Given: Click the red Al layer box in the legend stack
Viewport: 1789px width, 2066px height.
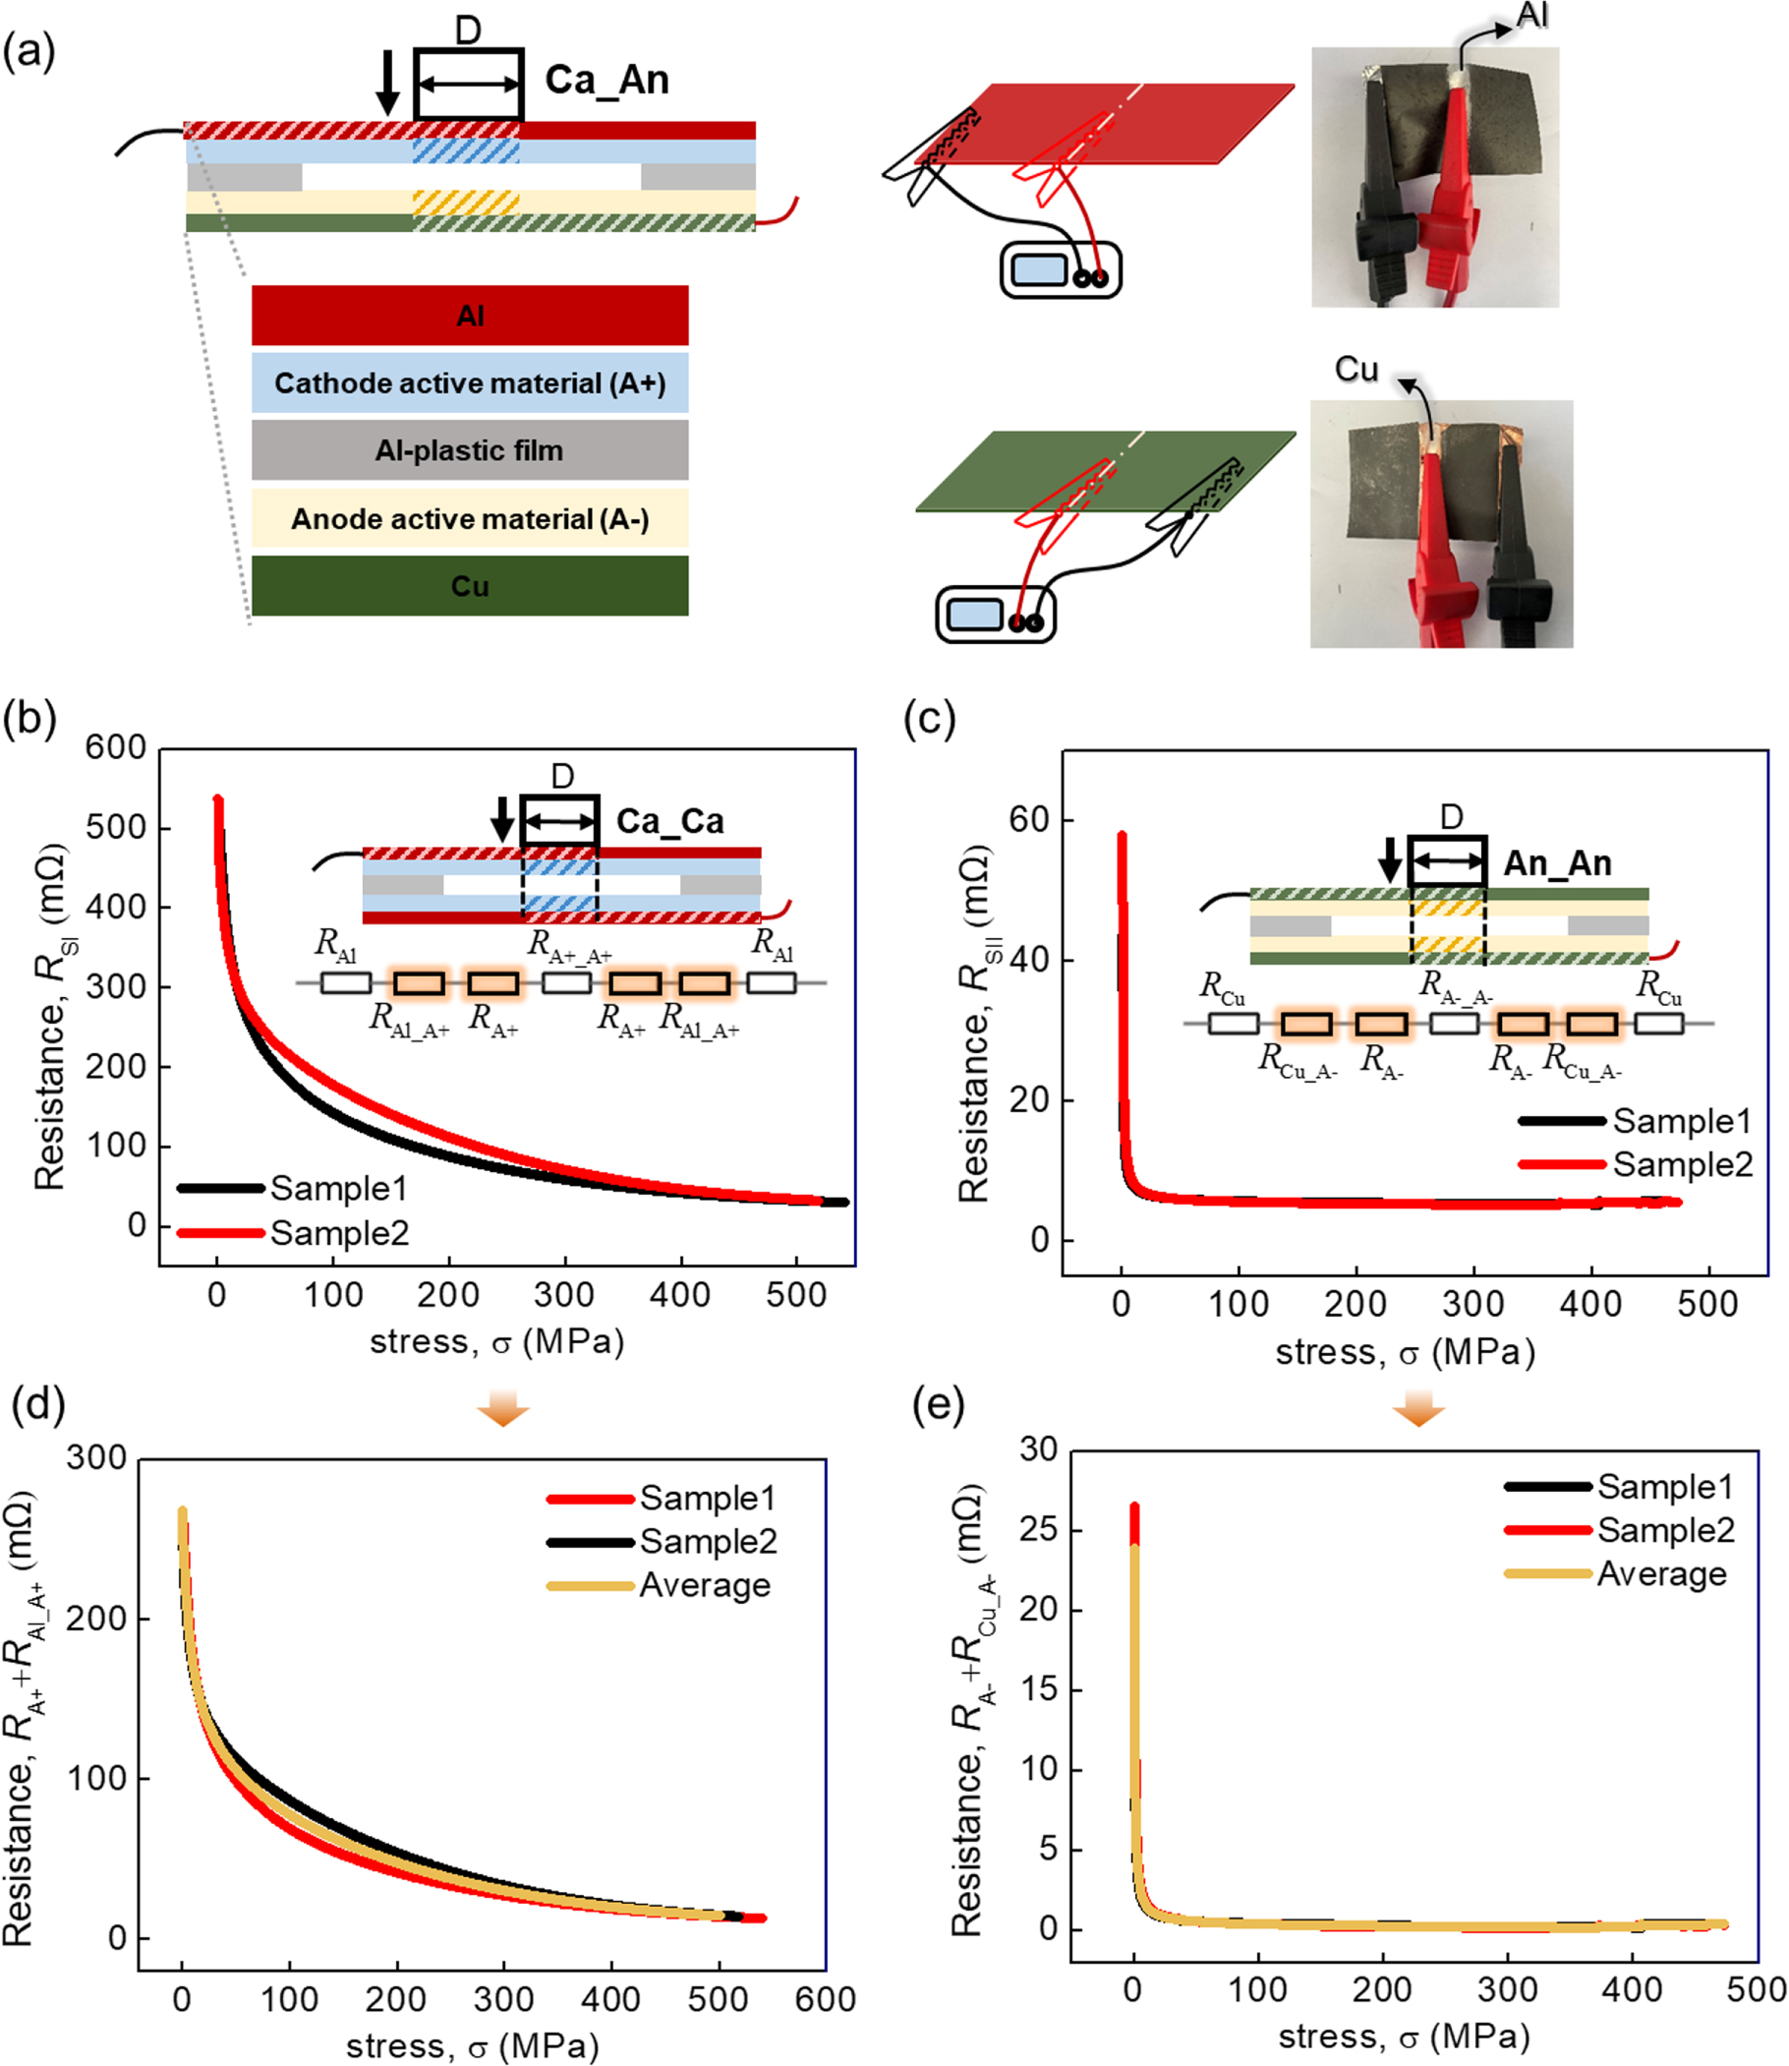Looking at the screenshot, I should [x=469, y=316].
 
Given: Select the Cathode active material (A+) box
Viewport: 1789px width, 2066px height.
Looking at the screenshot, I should [x=469, y=384].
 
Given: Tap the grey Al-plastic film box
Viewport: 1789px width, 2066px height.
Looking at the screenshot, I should [x=469, y=450].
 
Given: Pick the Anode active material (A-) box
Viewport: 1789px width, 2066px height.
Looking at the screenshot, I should [x=469, y=519].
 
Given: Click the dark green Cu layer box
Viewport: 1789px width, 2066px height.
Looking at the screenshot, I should [x=469, y=586].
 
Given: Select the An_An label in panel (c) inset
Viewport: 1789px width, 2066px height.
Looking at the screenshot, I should [x=1556, y=862].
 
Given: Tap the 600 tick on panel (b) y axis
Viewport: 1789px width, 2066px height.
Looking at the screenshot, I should [x=115, y=747].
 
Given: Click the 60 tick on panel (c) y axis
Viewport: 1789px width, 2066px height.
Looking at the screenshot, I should [x=1027, y=820].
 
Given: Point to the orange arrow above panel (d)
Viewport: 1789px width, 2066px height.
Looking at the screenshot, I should [x=502, y=1411].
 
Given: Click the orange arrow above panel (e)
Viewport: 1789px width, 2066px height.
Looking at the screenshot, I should [x=1417, y=1411].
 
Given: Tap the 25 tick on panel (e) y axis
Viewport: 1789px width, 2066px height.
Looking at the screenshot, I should [x=1037, y=1530].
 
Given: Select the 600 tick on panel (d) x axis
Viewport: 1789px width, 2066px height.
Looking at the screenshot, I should [x=825, y=1999].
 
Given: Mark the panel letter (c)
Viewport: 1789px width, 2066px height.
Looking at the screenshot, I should [x=929, y=718].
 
